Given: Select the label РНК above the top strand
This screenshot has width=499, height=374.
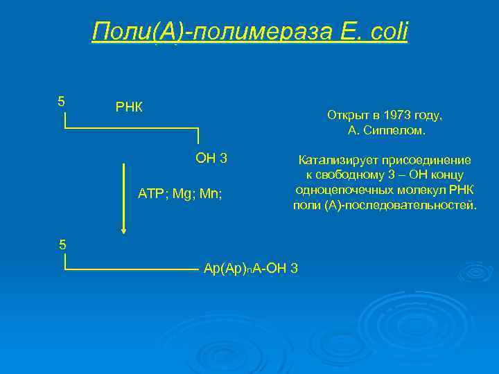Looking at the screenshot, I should tap(129, 107).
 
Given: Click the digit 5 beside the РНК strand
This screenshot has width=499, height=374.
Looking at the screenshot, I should tap(62, 101).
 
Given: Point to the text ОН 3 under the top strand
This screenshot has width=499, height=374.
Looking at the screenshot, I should tap(211, 159).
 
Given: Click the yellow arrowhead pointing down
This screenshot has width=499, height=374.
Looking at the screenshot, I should tap(123, 229).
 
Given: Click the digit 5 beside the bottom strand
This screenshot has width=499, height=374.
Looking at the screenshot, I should tap(62, 244).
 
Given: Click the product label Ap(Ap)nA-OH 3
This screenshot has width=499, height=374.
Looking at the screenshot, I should tap(250, 268).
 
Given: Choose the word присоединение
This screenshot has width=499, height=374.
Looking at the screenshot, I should tap(428, 160).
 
